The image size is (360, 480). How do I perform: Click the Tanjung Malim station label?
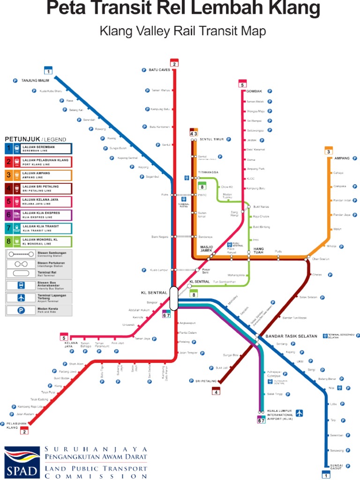click(35, 81)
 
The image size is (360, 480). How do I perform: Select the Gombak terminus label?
click(254, 91)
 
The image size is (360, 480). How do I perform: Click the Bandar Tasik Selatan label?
click(291, 336)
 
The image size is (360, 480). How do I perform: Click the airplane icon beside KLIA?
click(299, 413)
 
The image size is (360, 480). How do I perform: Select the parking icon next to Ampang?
click(355, 158)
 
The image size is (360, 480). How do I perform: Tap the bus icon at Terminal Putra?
click(183, 199)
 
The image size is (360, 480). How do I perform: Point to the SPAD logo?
click(22, 462)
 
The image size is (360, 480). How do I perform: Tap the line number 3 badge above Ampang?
click(329, 151)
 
